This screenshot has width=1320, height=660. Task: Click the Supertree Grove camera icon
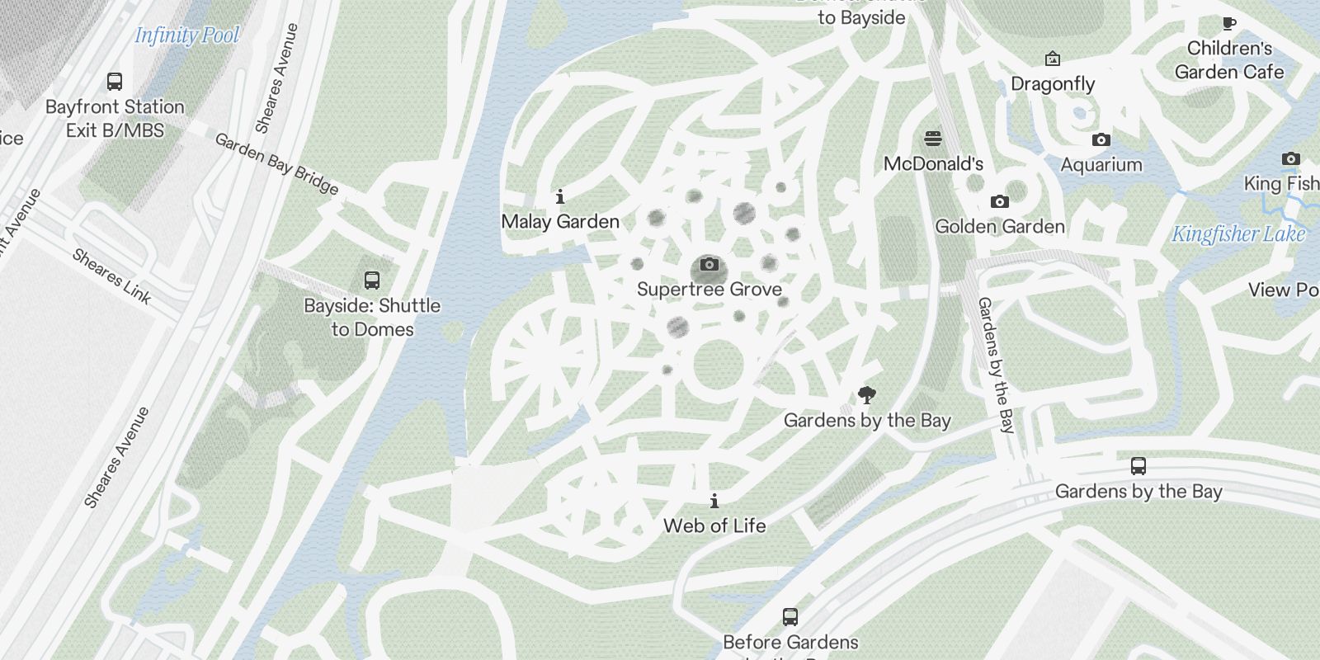click(x=709, y=265)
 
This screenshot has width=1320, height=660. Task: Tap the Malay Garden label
click(x=560, y=221)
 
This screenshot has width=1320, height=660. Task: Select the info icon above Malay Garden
click(x=560, y=196)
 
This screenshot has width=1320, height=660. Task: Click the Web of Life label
click(x=714, y=526)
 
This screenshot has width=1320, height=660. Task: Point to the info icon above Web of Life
click(x=714, y=501)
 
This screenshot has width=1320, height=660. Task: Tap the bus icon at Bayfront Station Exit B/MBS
click(x=115, y=82)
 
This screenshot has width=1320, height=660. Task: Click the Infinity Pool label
click(x=186, y=35)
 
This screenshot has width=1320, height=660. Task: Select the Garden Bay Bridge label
click(x=276, y=164)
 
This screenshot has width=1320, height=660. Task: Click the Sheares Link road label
click(x=112, y=276)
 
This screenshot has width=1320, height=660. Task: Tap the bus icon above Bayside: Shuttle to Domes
click(x=372, y=280)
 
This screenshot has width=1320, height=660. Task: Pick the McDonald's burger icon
click(x=933, y=138)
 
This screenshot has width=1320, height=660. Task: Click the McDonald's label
click(x=933, y=163)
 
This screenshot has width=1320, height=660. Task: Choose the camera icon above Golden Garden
click(x=999, y=201)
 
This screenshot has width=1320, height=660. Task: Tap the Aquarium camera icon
click(x=1101, y=140)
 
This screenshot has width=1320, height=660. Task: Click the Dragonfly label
click(x=1053, y=84)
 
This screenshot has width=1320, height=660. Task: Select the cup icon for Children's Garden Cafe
click(x=1229, y=23)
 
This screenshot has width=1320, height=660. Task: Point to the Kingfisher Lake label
click(x=1238, y=234)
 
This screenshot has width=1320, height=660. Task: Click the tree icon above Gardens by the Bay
click(x=866, y=394)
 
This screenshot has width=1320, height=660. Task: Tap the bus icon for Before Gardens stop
click(x=790, y=616)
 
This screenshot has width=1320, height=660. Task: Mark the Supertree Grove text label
click(x=709, y=290)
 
